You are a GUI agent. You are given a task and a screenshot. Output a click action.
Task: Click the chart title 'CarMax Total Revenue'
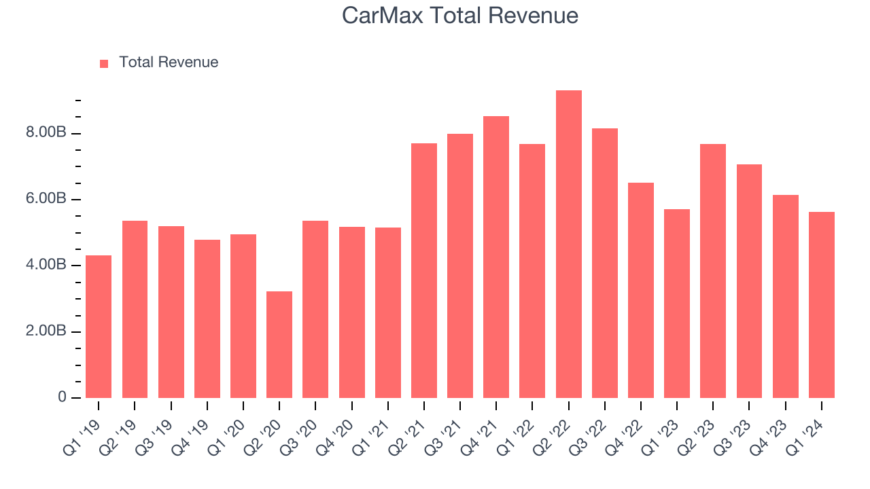[460, 16]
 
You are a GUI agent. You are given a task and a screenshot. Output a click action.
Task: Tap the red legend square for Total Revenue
[104, 63]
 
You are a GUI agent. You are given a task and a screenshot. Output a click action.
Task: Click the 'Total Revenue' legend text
[169, 62]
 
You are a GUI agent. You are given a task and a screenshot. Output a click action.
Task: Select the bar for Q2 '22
[568, 244]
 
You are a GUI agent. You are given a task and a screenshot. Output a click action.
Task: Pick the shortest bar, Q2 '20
[279, 344]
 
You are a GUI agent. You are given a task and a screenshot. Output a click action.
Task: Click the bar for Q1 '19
[99, 327]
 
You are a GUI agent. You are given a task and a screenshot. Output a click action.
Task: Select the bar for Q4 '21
[496, 257]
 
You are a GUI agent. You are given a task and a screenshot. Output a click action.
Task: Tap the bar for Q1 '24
[821, 305]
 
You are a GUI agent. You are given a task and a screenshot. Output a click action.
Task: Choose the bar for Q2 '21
[424, 270]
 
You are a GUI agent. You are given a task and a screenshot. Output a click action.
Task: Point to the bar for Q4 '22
[640, 290]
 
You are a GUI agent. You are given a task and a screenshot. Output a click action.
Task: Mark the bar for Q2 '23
[713, 271]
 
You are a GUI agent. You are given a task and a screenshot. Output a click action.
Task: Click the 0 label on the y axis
[62, 397]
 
